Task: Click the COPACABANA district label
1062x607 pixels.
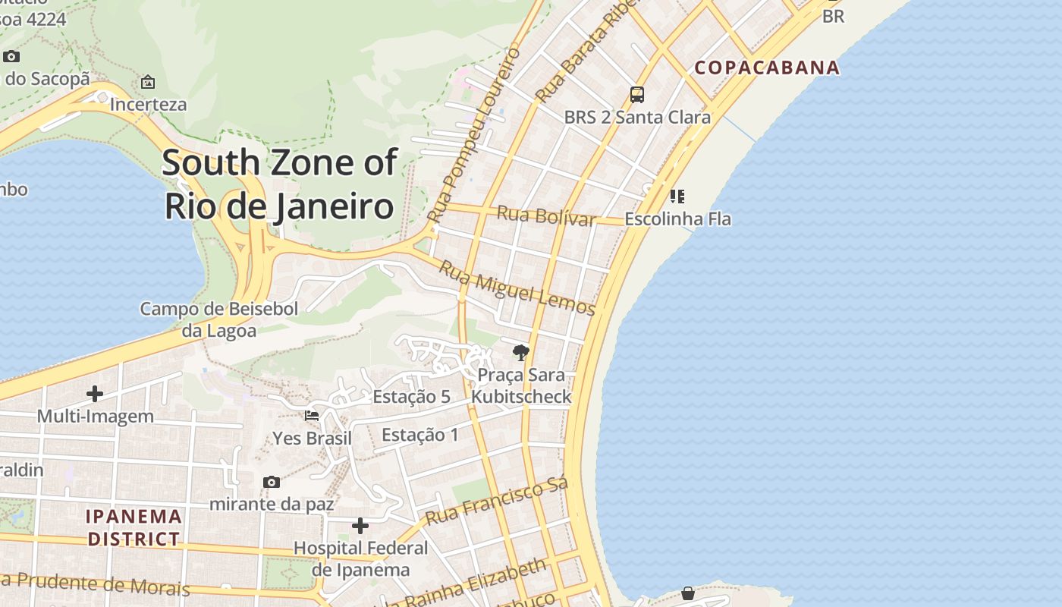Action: [767, 68]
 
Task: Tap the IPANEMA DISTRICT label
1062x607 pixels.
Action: [134, 528]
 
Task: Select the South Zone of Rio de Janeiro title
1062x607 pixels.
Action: [280, 184]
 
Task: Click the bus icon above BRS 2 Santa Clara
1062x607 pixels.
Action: [637, 95]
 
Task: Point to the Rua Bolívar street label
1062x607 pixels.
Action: [545, 215]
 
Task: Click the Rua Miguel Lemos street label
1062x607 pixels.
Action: [517, 288]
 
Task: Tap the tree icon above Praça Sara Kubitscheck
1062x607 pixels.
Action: [520, 352]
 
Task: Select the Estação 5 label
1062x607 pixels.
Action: [411, 397]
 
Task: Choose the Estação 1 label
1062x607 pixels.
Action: [420, 435]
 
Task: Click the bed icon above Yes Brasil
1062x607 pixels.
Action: [312, 415]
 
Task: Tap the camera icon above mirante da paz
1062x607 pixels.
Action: [271, 482]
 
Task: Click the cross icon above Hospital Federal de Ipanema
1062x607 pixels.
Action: [360, 525]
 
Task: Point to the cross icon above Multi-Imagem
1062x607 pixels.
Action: [95, 393]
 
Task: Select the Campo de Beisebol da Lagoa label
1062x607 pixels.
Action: [219, 319]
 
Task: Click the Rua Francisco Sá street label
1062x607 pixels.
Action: [496, 502]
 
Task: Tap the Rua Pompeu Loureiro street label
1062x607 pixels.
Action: [473, 135]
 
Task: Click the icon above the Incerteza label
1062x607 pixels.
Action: [148, 82]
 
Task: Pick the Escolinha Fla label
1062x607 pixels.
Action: [677, 219]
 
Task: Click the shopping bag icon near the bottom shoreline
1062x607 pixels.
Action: [688, 593]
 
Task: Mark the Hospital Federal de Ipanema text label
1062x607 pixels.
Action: [361, 558]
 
